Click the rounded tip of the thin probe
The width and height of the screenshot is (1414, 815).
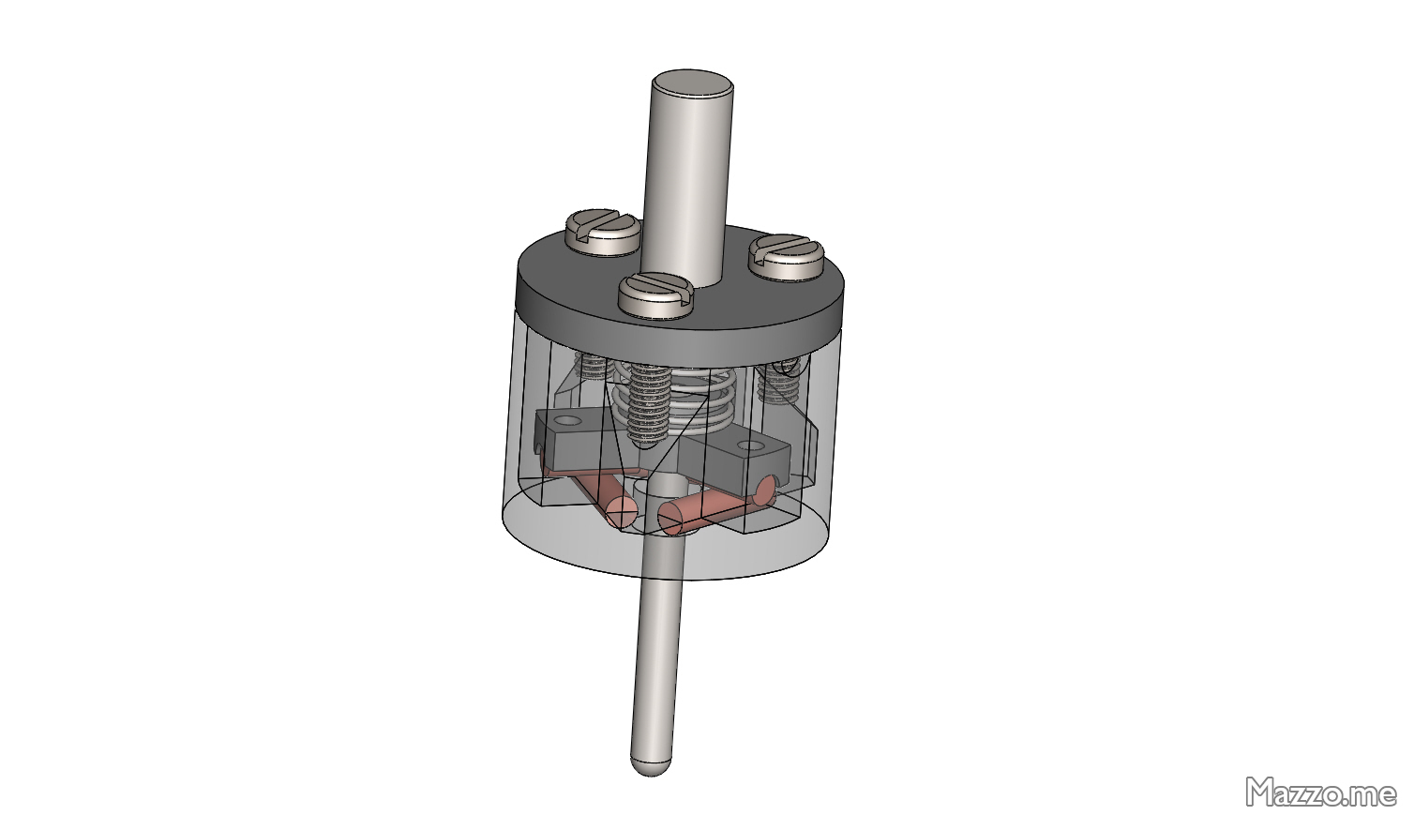651,764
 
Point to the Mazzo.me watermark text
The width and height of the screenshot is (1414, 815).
1320,792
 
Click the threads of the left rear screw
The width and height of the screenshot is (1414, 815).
591,365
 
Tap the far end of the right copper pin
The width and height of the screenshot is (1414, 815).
765,489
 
